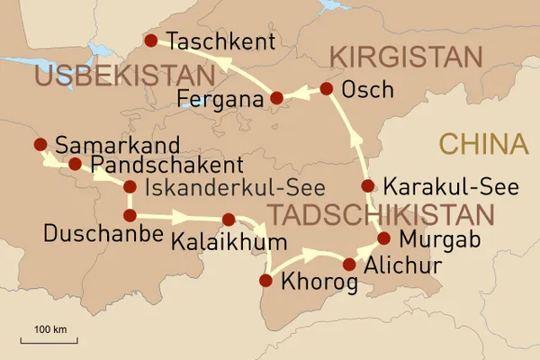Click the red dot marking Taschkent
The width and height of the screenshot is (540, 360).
(x=151, y=40)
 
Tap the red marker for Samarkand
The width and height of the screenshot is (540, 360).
(x=40, y=144)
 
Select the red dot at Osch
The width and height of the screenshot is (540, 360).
(x=327, y=88)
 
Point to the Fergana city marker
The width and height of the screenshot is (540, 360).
(x=277, y=97)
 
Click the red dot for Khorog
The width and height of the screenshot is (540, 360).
(x=265, y=281)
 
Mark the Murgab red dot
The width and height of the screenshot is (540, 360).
(x=384, y=238)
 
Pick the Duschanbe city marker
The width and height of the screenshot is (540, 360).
(x=130, y=215)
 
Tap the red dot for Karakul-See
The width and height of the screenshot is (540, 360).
(x=367, y=186)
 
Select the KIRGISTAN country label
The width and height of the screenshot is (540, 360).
(x=406, y=57)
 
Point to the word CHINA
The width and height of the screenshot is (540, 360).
(x=481, y=144)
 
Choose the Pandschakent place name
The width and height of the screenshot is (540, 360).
(x=167, y=165)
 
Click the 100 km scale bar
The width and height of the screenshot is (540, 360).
(x=50, y=339)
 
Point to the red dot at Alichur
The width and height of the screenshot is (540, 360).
(x=349, y=264)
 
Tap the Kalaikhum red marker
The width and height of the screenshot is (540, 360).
(x=228, y=219)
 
